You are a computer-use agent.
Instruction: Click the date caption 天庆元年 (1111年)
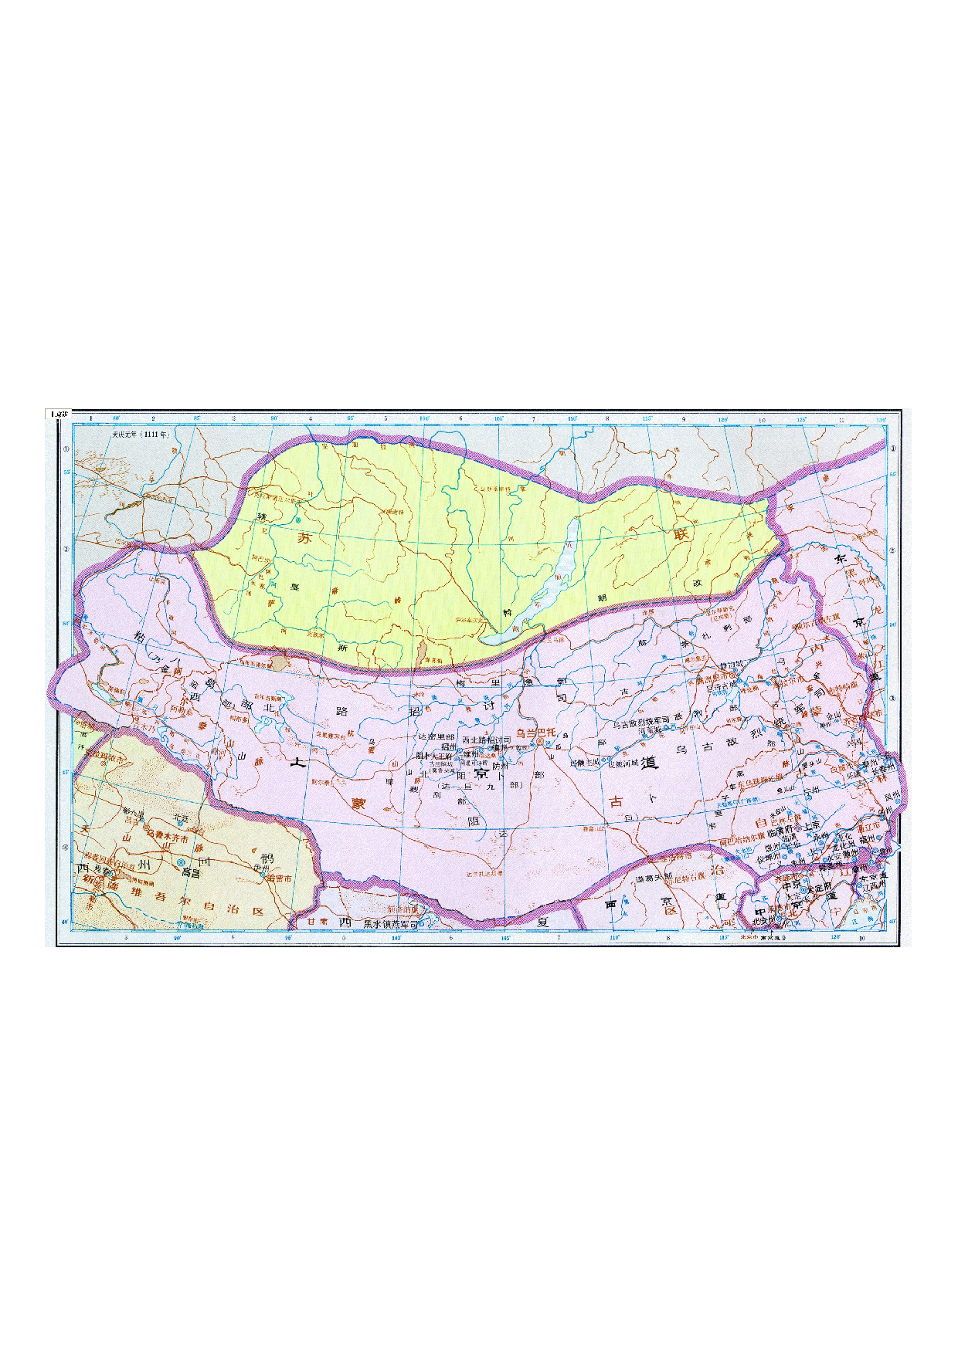click(x=140, y=435)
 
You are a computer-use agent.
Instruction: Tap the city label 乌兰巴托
click(x=535, y=733)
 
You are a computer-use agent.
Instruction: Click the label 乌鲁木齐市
click(x=168, y=837)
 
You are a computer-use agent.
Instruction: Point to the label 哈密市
click(x=278, y=878)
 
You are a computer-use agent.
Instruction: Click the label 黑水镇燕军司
click(x=391, y=923)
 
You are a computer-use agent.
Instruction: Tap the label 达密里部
click(x=436, y=737)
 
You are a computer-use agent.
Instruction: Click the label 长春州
click(x=883, y=769)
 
